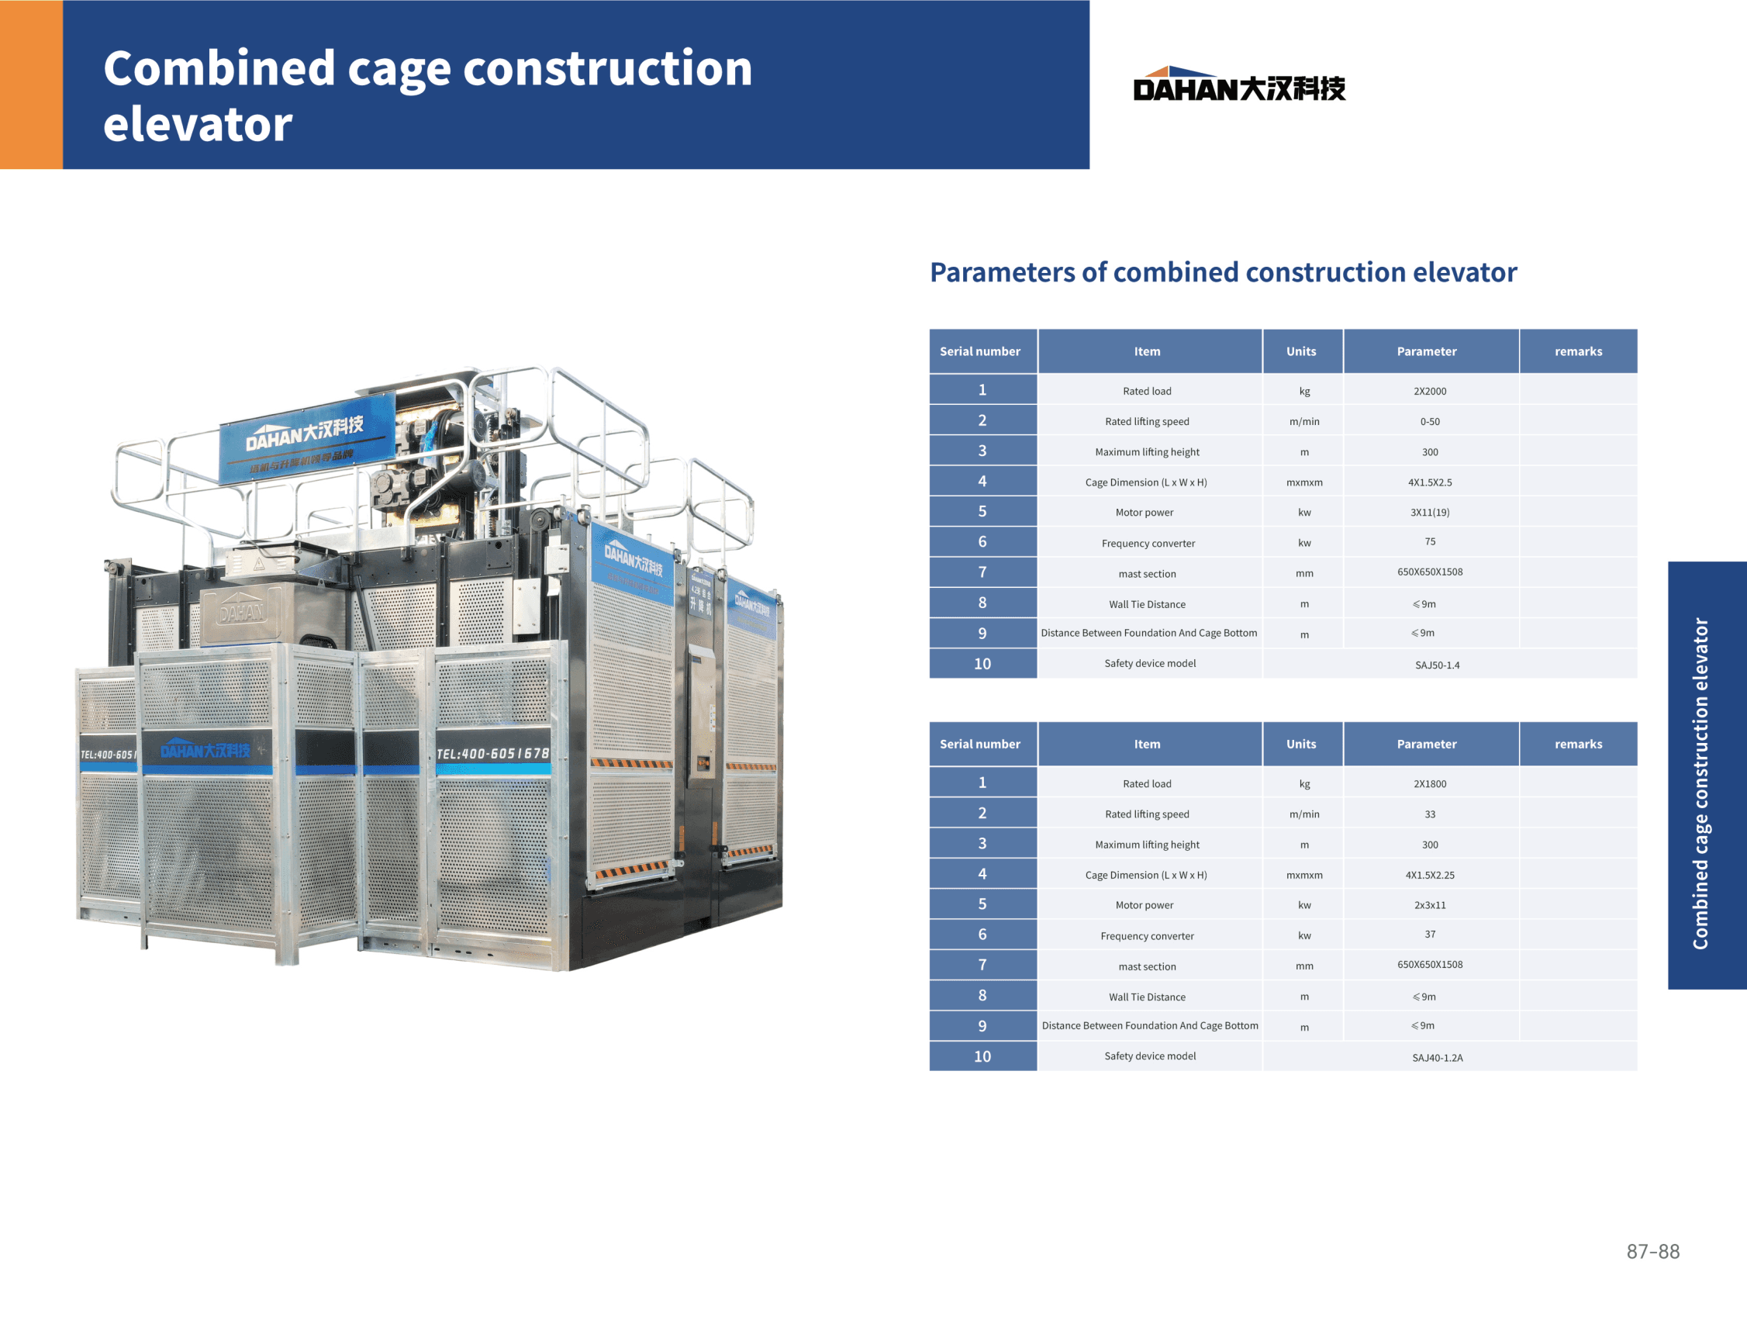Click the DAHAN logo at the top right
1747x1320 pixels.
pyautogui.click(x=1238, y=84)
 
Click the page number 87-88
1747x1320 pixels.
pyautogui.click(x=1652, y=1251)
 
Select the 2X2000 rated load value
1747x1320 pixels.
pyautogui.click(x=1430, y=391)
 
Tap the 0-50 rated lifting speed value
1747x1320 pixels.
pyautogui.click(x=1430, y=422)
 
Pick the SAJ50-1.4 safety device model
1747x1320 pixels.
pyautogui.click(x=1437, y=665)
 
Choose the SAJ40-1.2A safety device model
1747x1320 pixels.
pyautogui.click(x=1437, y=1058)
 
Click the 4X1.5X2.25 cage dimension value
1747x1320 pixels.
pyautogui.click(x=1430, y=876)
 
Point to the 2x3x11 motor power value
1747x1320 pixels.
pyautogui.click(x=1430, y=905)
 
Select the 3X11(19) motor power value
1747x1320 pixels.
pyautogui.click(x=1430, y=513)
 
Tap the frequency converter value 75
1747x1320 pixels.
pyautogui.click(x=1430, y=542)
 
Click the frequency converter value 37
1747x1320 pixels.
pyautogui.click(x=1430, y=935)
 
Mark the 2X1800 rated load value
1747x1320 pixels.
pyautogui.click(x=1430, y=783)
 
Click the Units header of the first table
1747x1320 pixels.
pyautogui.click(x=1301, y=351)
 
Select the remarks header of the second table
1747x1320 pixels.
pyautogui.click(x=1578, y=744)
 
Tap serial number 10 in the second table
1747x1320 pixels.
pyautogui.click(x=982, y=1056)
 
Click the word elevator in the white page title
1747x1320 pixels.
pyautogui.click(x=198, y=124)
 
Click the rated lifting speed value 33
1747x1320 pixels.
pyautogui.click(x=1430, y=814)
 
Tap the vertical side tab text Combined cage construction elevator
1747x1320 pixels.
pyautogui.click(x=1700, y=783)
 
